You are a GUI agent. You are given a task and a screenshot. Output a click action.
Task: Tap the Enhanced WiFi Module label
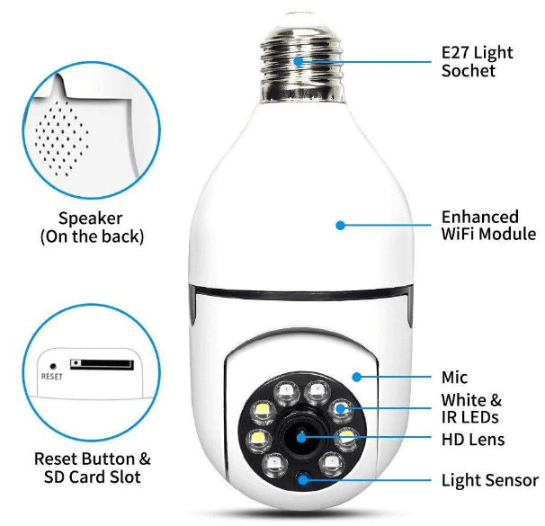[x=479, y=226]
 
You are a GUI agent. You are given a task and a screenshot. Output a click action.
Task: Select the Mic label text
[x=454, y=378]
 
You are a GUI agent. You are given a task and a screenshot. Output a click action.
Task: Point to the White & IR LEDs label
[x=470, y=408]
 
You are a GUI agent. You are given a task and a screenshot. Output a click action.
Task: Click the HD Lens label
[x=472, y=440]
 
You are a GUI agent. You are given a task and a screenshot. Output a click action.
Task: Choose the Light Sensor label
[x=489, y=480]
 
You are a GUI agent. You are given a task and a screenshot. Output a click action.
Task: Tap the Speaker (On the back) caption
[x=91, y=227]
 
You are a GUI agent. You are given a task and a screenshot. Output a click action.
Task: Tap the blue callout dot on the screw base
[x=299, y=60]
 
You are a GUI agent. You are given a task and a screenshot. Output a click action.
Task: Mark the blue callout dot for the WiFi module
[x=341, y=225]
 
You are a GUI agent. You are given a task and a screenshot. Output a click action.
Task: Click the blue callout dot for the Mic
[x=356, y=378]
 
